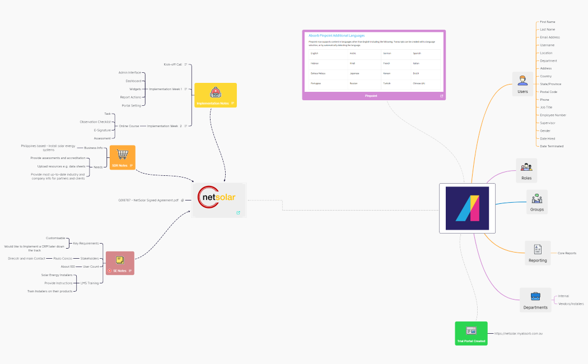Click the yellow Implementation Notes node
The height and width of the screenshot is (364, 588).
(x=216, y=95)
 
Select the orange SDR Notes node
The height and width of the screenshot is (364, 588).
(x=122, y=157)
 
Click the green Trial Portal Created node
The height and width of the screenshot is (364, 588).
(x=471, y=333)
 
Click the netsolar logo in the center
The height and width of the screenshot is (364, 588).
(x=219, y=198)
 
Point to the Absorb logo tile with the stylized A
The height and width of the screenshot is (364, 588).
(x=467, y=208)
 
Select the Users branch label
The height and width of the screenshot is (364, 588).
(x=522, y=91)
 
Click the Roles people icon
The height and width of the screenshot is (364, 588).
(x=526, y=167)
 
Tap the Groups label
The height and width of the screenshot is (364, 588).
(x=537, y=209)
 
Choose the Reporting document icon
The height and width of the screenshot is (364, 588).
(x=538, y=249)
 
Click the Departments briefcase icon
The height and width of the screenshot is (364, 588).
(x=535, y=296)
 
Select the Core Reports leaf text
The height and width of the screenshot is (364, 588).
(x=567, y=253)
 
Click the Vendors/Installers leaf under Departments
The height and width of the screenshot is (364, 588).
(x=571, y=304)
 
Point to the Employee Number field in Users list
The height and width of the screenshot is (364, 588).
(x=553, y=115)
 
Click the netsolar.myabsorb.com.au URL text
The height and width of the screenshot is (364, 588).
(x=519, y=334)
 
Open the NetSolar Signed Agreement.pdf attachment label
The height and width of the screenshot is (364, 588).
(x=148, y=200)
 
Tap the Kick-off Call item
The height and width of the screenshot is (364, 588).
(x=172, y=64)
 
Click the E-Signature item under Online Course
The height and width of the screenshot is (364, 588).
(x=102, y=130)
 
